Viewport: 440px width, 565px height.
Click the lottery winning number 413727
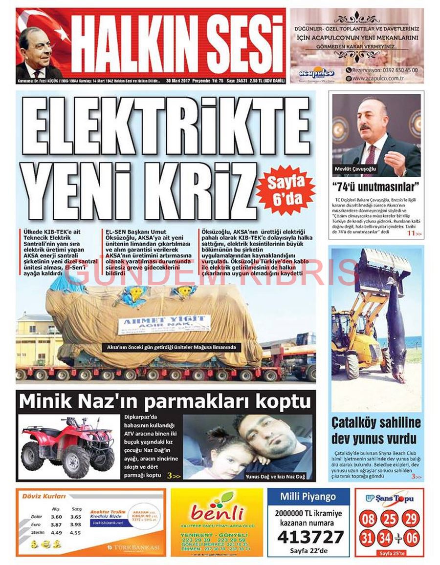(310, 537)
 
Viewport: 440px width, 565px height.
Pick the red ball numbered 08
(369, 518)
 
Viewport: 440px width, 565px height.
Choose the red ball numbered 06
(412, 539)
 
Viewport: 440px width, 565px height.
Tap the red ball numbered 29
(411, 518)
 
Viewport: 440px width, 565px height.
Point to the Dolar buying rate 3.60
(56, 517)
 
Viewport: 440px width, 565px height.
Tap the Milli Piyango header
(308, 497)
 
